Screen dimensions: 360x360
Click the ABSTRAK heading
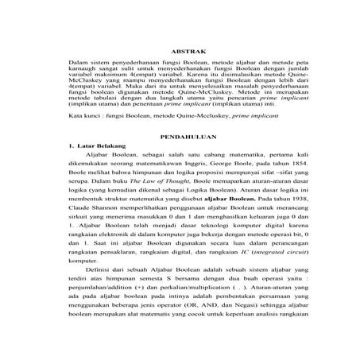[180, 52]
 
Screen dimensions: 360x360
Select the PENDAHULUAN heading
[180, 137]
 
